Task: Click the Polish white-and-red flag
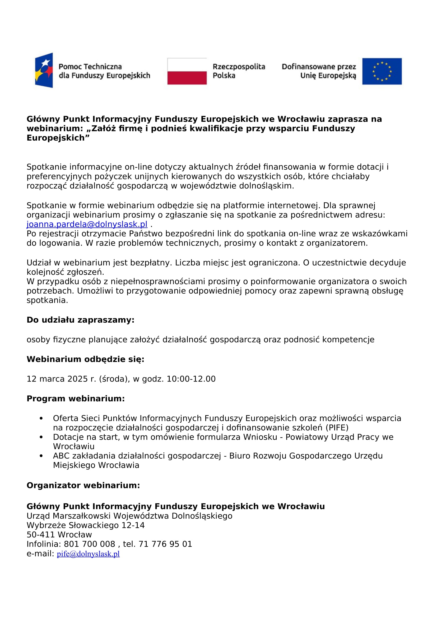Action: (x=187, y=71)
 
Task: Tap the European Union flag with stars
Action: (x=382, y=71)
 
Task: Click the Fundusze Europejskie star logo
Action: (x=44, y=70)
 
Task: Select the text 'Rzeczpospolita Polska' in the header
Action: (x=239, y=71)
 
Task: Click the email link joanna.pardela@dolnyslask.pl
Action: (x=87, y=224)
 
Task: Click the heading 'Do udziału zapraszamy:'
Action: (x=81, y=320)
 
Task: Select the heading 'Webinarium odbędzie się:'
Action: (x=86, y=359)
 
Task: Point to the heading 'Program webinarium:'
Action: (x=76, y=398)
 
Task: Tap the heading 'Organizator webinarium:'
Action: (x=83, y=485)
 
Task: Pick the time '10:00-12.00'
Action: (x=191, y=379)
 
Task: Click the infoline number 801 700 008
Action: (x=90, y=544)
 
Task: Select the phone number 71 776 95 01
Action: (x=165, y=544)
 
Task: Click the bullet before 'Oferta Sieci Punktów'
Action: (x=41, y=418)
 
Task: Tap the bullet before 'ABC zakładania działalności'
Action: (x=41, y=456)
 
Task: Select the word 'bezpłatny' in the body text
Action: (x=150, y=263)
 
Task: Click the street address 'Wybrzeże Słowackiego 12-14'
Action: (x=86, y=525)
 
